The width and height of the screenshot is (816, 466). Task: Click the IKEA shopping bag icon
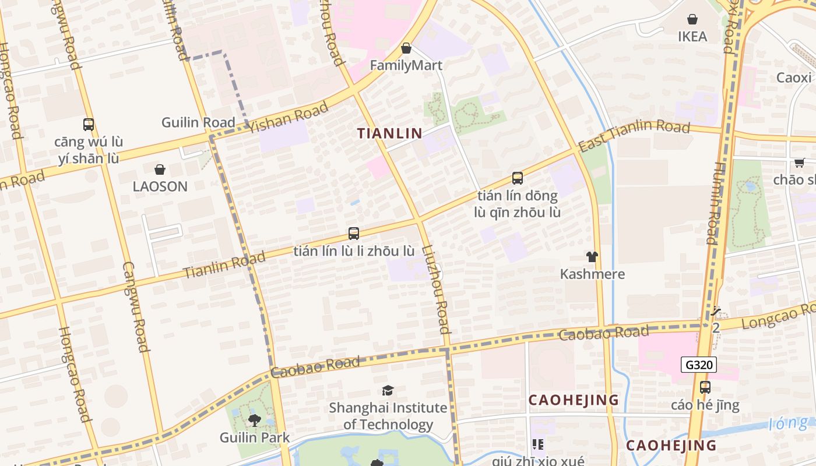[692, 19]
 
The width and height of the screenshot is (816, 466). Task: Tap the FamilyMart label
[406, 65]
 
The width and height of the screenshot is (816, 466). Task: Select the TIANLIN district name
[389, 133]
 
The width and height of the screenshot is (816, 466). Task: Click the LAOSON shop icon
[160, 170]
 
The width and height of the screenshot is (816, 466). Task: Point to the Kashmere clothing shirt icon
[592, 257]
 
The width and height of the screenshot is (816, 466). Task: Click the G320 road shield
[698, 365]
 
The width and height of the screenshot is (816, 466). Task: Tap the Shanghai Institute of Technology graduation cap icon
[388, 390]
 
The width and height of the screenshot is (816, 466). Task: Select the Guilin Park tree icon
[254, 419]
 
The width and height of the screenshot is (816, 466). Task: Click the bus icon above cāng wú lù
[89, 124]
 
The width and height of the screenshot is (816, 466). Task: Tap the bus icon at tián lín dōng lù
[517, 178]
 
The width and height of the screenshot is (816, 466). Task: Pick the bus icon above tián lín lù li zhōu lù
[353, 234]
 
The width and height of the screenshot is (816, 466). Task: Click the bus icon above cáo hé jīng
[705, 387]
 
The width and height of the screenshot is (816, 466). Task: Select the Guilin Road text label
[198, 123]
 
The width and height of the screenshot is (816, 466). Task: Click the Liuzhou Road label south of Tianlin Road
[437, 290]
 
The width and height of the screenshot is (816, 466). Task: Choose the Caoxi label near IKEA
[794, 77]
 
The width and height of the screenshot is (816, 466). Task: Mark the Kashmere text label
[592, 274]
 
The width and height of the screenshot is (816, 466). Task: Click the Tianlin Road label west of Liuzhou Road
[224, 264]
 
